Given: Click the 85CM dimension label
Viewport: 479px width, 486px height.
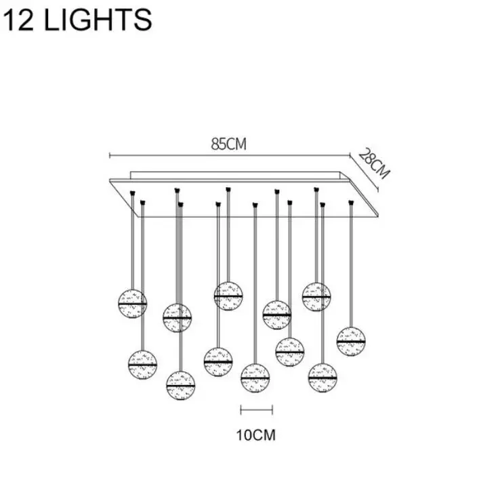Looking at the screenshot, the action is click(228, 144).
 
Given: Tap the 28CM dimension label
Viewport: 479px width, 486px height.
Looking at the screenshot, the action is click(374, 163).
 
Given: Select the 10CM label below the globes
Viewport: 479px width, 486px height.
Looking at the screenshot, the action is click(256, 435).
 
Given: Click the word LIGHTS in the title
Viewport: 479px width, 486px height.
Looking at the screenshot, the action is click(98, 20).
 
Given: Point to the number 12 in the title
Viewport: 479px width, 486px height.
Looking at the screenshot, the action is click(18, 20).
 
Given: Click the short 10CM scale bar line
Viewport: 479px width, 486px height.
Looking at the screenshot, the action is click(257, 410).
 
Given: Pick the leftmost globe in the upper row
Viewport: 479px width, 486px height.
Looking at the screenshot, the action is click(133, 304).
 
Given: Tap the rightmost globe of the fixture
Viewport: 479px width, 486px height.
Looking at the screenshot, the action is click(351, 342).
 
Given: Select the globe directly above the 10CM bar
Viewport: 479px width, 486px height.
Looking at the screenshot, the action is click(255, 378).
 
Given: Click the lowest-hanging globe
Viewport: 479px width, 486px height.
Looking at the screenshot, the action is click(181, 386).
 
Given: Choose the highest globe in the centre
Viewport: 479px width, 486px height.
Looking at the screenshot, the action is click(228, 296).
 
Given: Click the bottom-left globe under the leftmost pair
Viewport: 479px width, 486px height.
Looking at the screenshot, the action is click(142, 365).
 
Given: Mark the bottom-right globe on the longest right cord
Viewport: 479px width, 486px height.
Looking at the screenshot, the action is click(322, 378).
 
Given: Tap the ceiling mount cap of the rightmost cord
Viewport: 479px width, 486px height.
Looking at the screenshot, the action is click(351, 203).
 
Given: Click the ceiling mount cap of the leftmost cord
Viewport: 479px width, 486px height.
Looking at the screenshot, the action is click(133, 193).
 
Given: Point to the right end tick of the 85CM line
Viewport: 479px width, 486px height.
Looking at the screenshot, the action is click(350, 155).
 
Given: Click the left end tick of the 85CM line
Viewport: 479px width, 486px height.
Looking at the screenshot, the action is click(110, 155).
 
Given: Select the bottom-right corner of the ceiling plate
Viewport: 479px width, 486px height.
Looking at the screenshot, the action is click(378, 217).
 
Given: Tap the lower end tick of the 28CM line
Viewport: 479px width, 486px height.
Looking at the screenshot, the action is click(377, 189).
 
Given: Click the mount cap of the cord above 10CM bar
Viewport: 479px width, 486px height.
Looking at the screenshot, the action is click(255, 205).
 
